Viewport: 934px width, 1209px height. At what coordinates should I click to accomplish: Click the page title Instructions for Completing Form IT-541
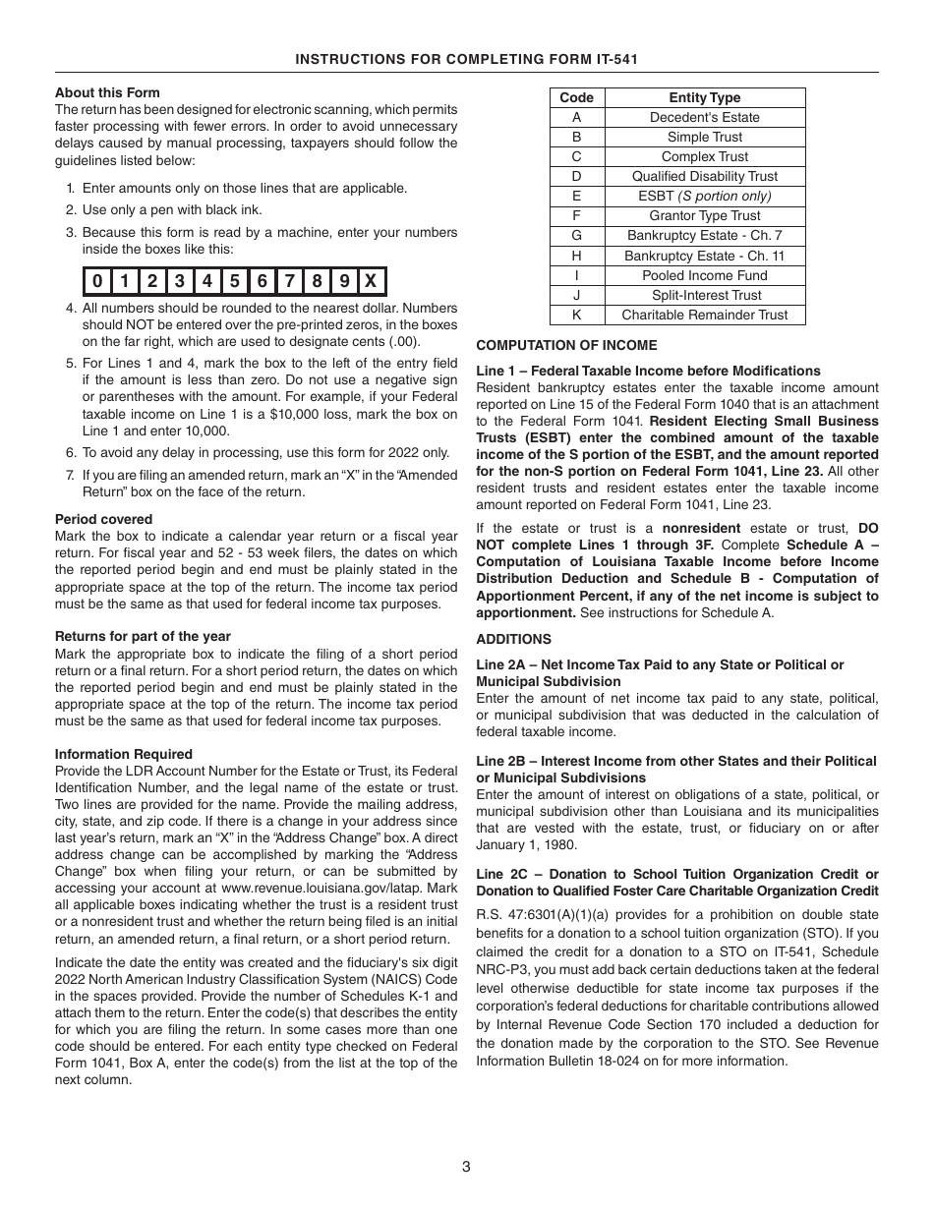coord(467,60)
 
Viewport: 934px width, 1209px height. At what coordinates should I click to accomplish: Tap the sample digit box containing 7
coord(289,282)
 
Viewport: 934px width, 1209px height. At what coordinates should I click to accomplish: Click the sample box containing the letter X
coord(371,282)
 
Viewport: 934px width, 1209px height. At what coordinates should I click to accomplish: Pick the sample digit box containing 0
coord(96,282)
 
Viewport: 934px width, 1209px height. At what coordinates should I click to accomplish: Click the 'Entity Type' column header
coord(704,97)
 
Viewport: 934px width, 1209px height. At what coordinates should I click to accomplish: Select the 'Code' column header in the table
coord(576,97)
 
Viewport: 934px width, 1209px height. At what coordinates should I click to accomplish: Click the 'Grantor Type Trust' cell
coord(704,215)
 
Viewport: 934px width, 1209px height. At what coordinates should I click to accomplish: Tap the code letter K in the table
coord(576,315)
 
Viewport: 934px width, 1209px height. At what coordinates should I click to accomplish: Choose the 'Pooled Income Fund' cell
coord(704,275)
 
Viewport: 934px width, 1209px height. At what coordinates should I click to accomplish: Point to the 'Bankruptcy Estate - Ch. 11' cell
coord(704,256)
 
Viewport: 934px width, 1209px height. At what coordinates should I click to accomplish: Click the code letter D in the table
coord(576,176)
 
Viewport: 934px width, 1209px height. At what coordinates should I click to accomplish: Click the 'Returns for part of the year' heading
coord(143,636)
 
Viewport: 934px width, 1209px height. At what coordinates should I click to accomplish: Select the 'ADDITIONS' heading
coord(513,639)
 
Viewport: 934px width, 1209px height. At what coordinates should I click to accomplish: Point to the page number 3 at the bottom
coord(466,1167)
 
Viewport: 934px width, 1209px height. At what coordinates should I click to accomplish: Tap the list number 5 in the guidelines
coord(71,363)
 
